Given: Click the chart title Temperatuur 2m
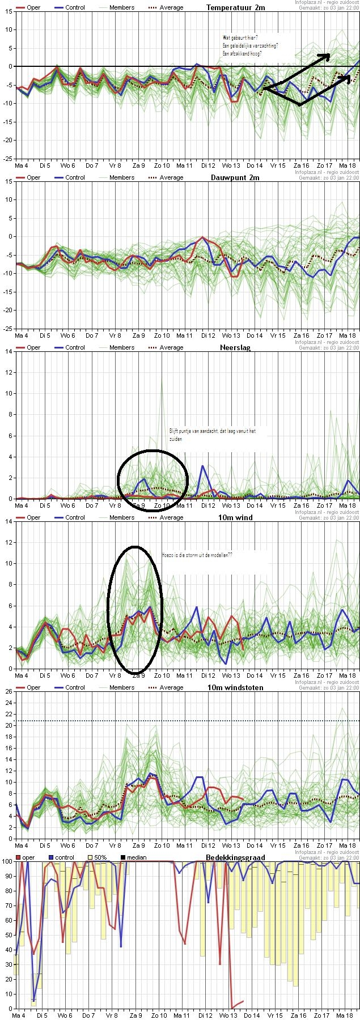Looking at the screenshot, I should click(x=235, y=7).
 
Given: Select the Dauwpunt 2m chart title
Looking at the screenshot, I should click(x=235, y=177).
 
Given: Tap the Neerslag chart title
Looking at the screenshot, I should click(x=235, y=347).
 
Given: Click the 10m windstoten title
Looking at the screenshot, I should click(x=235, y=687).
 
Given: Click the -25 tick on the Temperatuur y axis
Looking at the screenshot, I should click(x=8, y=159).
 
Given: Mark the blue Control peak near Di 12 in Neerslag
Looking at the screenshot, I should click(x=203, y=466).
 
